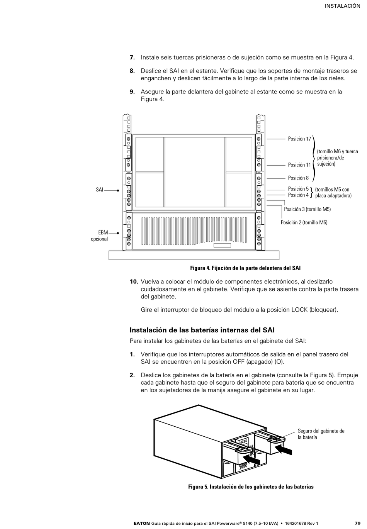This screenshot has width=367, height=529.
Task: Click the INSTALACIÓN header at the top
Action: [342, 6]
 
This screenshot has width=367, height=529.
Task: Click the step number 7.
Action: [132, 58]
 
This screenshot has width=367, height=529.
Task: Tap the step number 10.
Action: [134, 281]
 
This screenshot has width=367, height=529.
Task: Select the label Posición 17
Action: [299, 139]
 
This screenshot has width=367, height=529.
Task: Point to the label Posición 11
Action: [299, 165]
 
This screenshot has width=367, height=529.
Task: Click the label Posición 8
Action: [298, 178]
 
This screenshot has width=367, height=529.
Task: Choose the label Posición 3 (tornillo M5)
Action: [307, 209]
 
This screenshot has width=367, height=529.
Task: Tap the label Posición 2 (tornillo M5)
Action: [304, 222]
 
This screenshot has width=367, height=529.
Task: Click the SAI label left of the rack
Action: [100, 190]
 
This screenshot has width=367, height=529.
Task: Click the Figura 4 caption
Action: [245, 268]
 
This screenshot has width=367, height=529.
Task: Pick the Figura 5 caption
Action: [251, 487]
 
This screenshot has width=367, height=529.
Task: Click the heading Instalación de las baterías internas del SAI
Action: [202, 330]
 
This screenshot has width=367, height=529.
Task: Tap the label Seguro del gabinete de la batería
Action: [321, 434]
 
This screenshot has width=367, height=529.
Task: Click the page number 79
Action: [357, 523]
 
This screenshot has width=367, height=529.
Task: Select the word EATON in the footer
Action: [142, 523]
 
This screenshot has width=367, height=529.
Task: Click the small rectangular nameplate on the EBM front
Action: [222, 246]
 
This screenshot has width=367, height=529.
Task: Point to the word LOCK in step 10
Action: [299, 310]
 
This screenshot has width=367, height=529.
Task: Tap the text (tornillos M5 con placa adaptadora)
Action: [333, 193]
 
